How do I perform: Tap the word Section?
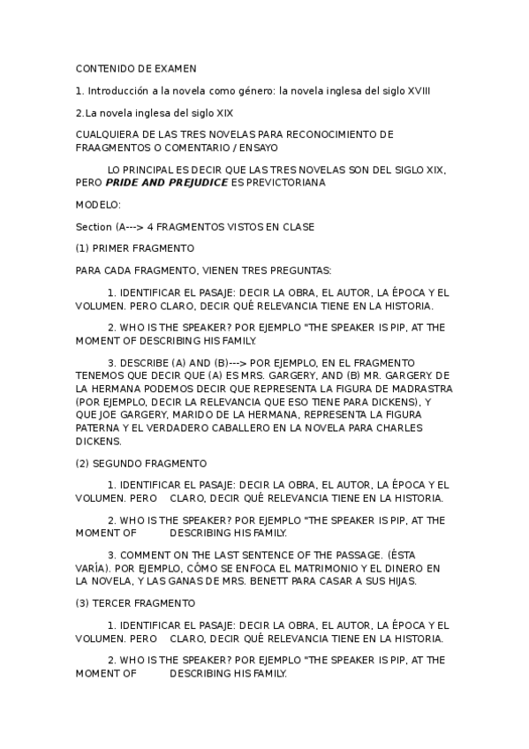[x=94, y=227]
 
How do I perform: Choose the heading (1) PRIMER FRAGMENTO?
[x=135, y=248]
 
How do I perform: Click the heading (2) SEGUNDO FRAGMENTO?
[x=141, y=463]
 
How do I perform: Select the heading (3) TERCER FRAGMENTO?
[x=135, y=602]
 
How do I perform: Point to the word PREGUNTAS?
[x=300, y=270]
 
